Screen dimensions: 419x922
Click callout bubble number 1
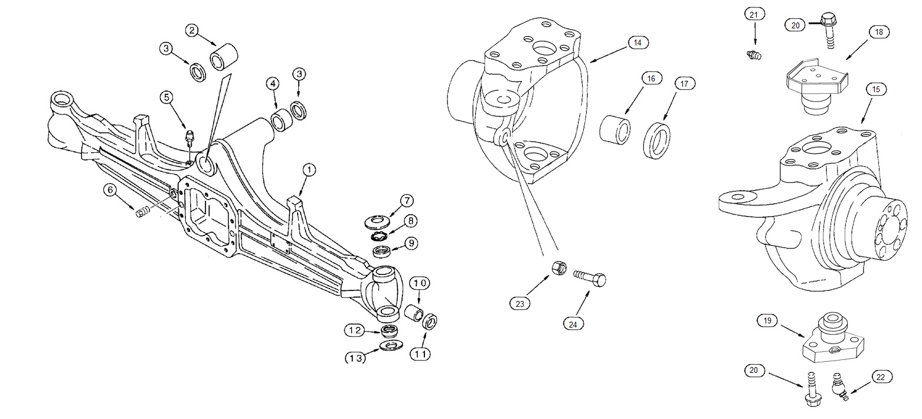309,170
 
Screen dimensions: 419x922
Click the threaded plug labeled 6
142,212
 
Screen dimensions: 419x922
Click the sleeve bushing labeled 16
613,129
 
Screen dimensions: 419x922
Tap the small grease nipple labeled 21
753,55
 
